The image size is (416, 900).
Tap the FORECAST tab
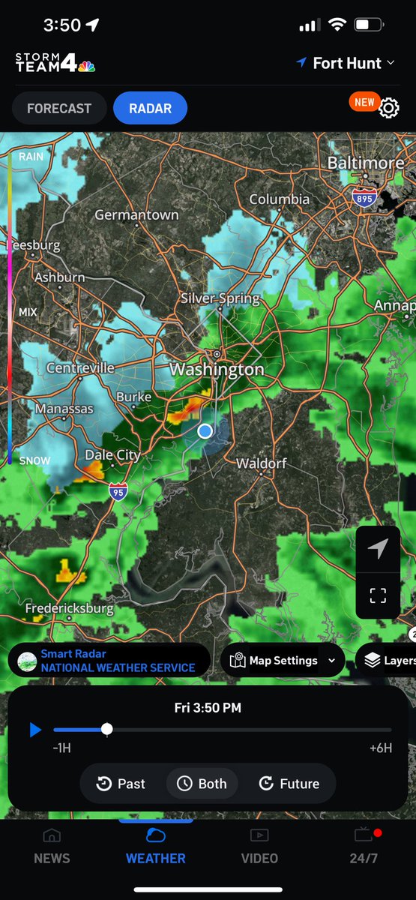pyautogui.click(x=58, y=109)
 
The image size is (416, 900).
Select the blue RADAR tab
pyautogui.click(x=150, y=109)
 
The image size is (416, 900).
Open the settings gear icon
pyautogui.click(x=388, y=108)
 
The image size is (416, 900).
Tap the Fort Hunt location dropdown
pyautogui.click(x=346, y=64)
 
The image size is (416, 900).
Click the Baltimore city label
pyautogui.click(x=366, y=163)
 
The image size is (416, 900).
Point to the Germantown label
pyautogui.click(x=136, y=215)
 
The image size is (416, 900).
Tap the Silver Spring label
pyautogui.click(x=220, y=298)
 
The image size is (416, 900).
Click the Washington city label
pyautogui.click(x=217, y=370)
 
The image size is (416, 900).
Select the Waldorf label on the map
pyautogui.click(x=262, y=463)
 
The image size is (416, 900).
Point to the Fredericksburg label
pyautogui.click(x=69, y=608)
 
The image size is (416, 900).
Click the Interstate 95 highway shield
pyautogui.click(x=118, y=492)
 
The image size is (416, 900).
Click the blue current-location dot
pyautogui.click(x=205, y=430)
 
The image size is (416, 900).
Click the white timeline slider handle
pyautogui.click(x=107, y=729)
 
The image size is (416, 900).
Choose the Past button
pyautogui.click(x=121, y=784)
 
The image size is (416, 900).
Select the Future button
pyautogui.click(x=289, y=784)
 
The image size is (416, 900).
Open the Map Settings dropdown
pyautogui.click(x=283, y=661)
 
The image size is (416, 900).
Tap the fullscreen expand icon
pyautogui.click(x=378, y=595)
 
